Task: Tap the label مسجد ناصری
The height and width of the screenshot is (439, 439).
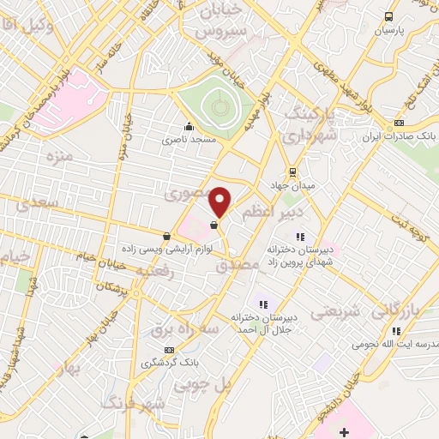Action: click(191, 137)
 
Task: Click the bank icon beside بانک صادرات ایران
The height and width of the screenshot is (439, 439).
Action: click(398, 123)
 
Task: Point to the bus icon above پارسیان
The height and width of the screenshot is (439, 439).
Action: click(389, 16)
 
